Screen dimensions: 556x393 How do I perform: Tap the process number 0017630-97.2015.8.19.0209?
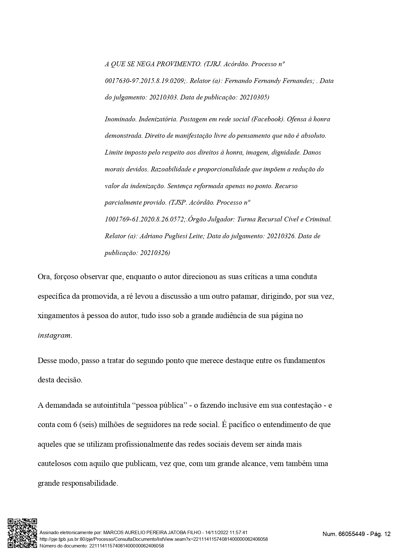(145, 81)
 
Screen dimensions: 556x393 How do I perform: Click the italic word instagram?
(54, 336)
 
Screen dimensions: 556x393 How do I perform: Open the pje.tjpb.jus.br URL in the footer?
(153, 539)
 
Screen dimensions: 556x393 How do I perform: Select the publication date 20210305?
(253, 98)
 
